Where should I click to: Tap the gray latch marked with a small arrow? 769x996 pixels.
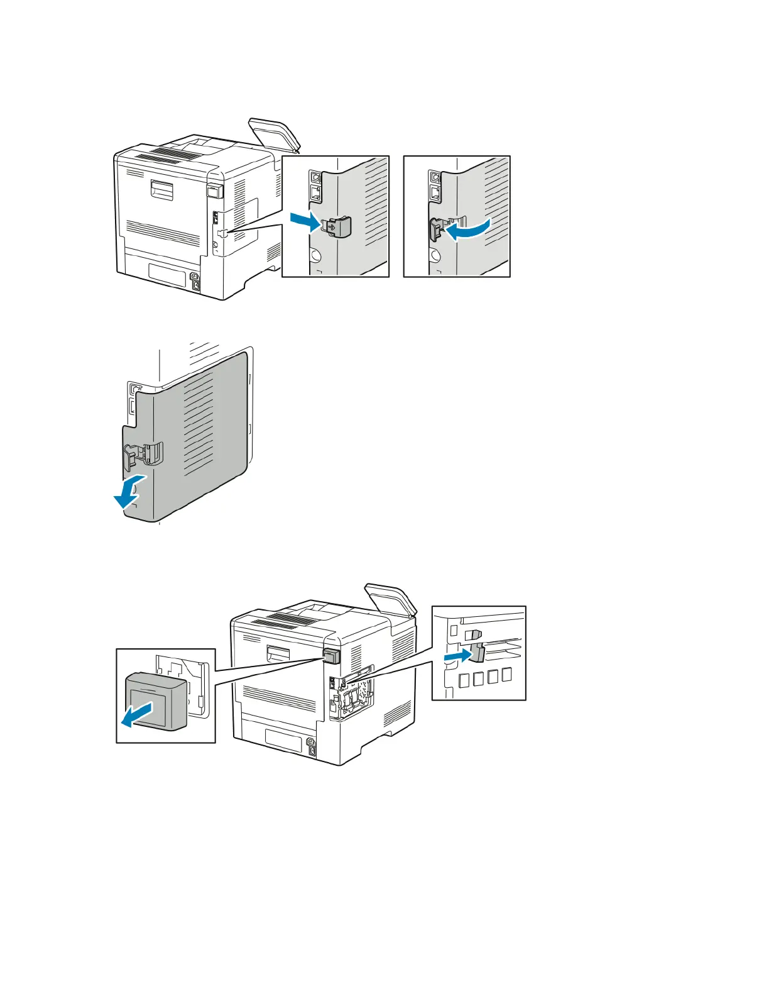338,226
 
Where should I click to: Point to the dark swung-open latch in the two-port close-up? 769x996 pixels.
435,230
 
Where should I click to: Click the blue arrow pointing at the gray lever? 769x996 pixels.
457,657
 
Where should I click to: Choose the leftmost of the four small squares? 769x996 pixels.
464,679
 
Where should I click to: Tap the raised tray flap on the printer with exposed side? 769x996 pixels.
391,600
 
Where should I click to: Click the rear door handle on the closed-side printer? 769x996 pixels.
161,189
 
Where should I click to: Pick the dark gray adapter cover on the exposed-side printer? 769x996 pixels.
332,656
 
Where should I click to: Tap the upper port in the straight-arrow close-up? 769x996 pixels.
315,177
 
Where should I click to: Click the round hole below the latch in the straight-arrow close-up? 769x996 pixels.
315,257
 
